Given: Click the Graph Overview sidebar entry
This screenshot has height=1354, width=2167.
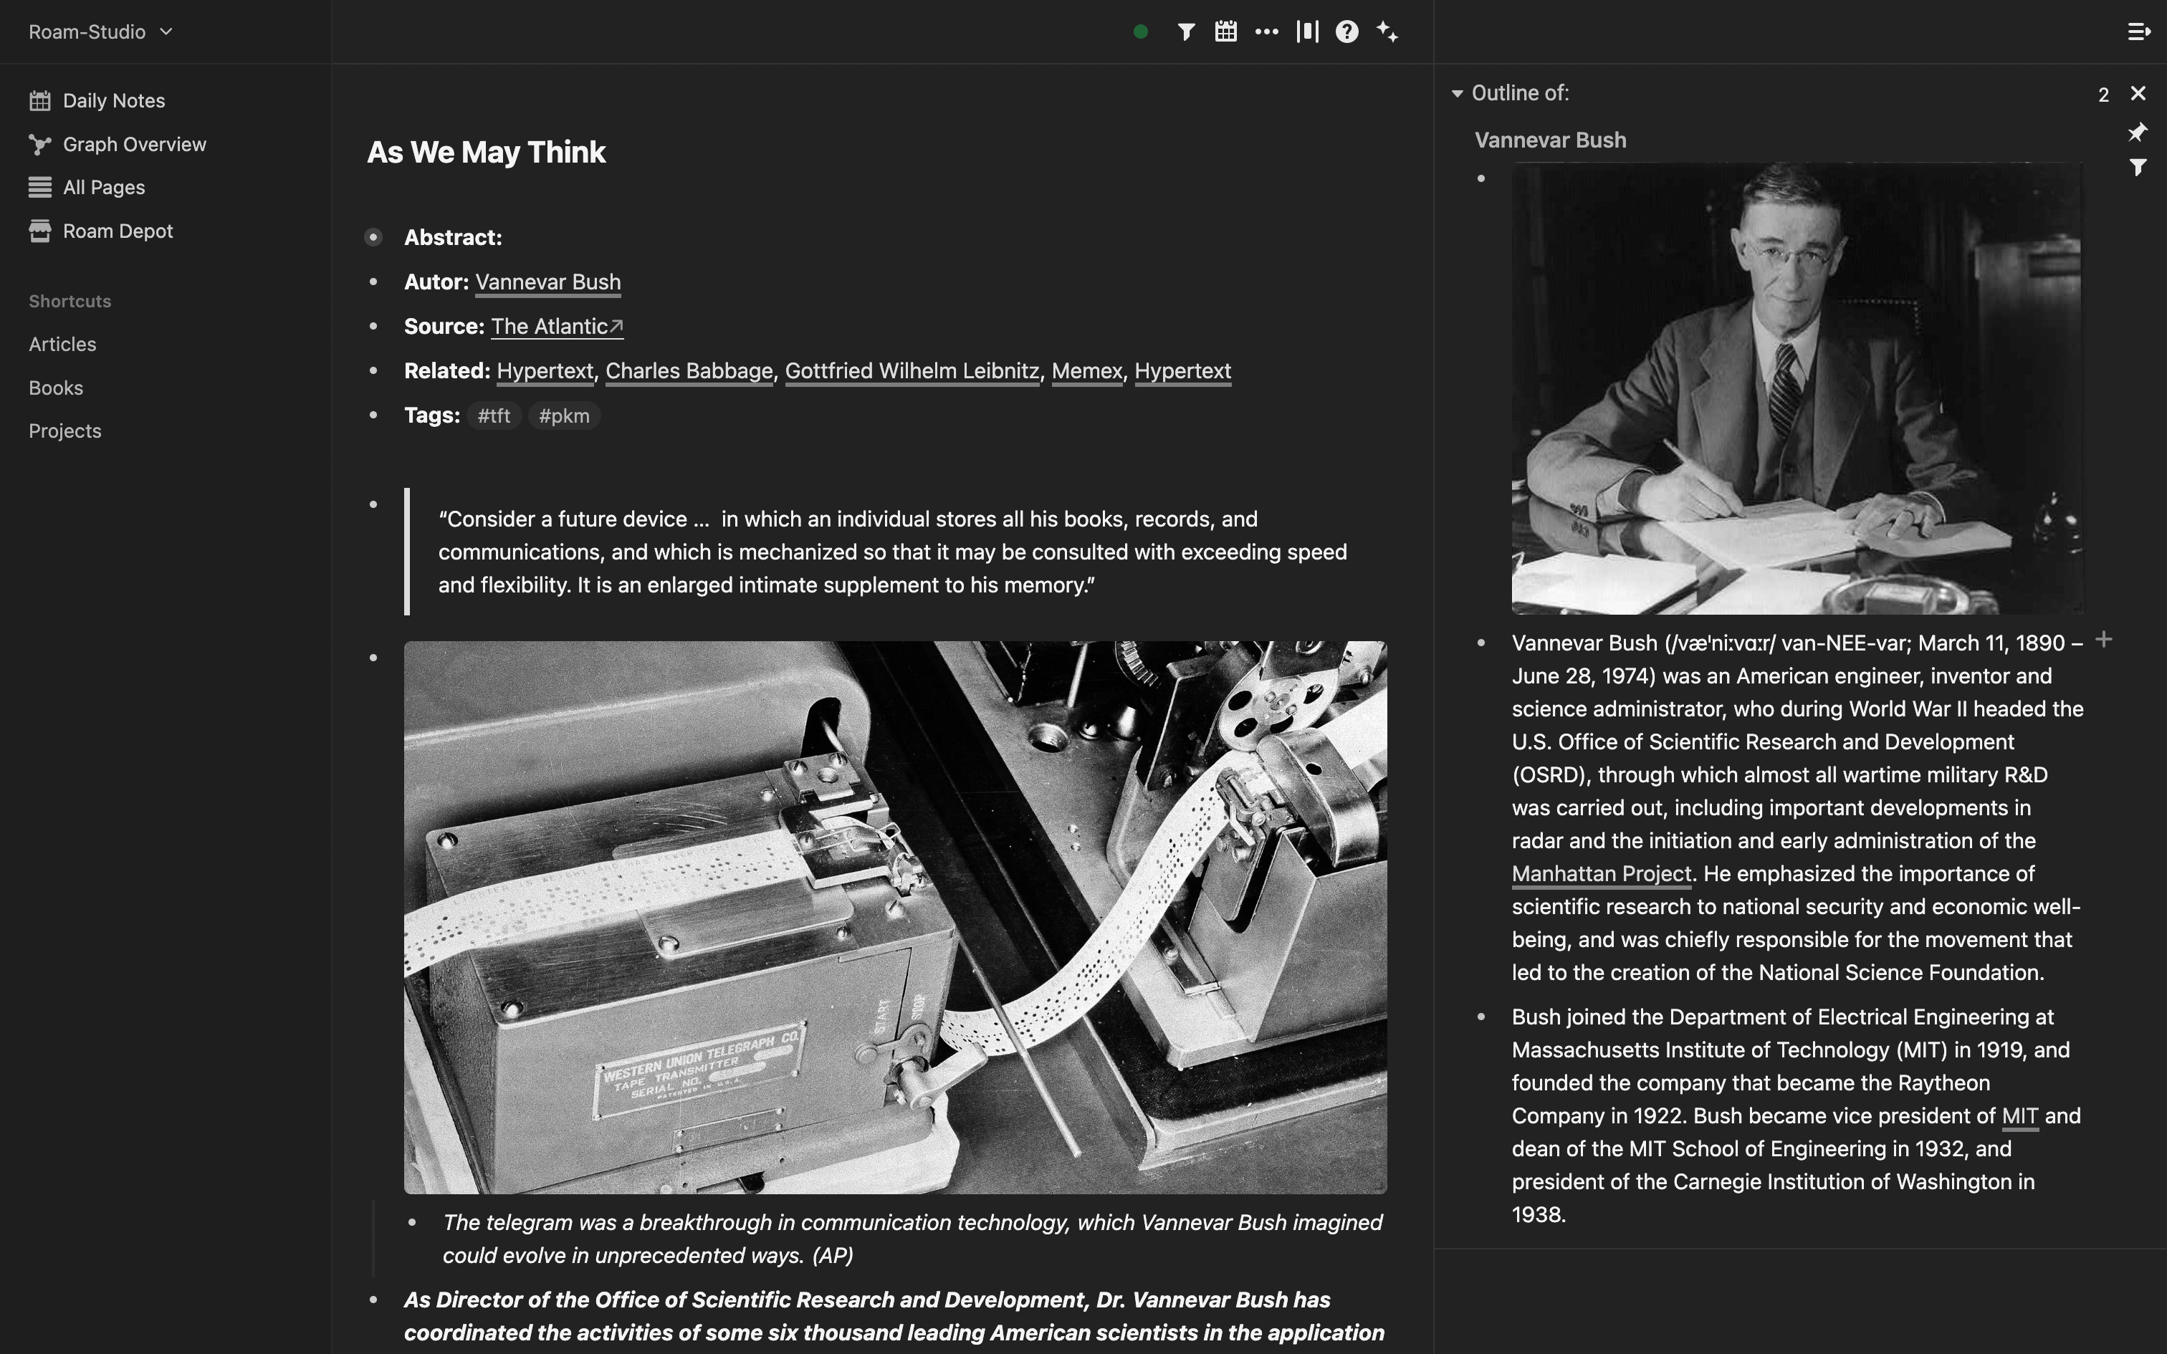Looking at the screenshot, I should point(133,144).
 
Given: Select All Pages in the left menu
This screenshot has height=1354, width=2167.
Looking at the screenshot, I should point(103,187).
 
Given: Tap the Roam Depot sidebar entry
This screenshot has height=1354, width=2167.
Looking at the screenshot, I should point(118,231).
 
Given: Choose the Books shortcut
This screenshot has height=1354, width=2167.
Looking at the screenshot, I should point(55,388).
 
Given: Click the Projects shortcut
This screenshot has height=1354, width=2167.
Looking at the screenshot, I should point(64,431).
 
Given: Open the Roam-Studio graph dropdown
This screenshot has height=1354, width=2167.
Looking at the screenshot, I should point(100,32).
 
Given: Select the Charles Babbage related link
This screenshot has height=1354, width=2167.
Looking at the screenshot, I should point(688,371).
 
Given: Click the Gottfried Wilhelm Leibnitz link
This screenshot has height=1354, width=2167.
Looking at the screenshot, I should point(911,371).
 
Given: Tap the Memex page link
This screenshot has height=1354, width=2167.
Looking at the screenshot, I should point(1086,371).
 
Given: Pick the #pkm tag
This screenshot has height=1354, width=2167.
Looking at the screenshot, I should point(563,416).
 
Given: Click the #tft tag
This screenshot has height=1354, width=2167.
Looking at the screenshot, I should point(494,416).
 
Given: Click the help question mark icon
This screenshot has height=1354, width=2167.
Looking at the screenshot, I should point(1346,32).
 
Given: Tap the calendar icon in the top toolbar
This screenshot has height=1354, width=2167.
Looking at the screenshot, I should point(1225,32).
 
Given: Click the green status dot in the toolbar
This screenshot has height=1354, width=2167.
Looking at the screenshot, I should point(1140,32).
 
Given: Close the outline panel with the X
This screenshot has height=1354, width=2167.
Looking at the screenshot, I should point(2138,93).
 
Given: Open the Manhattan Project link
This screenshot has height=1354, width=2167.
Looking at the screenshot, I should point(1600,874).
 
